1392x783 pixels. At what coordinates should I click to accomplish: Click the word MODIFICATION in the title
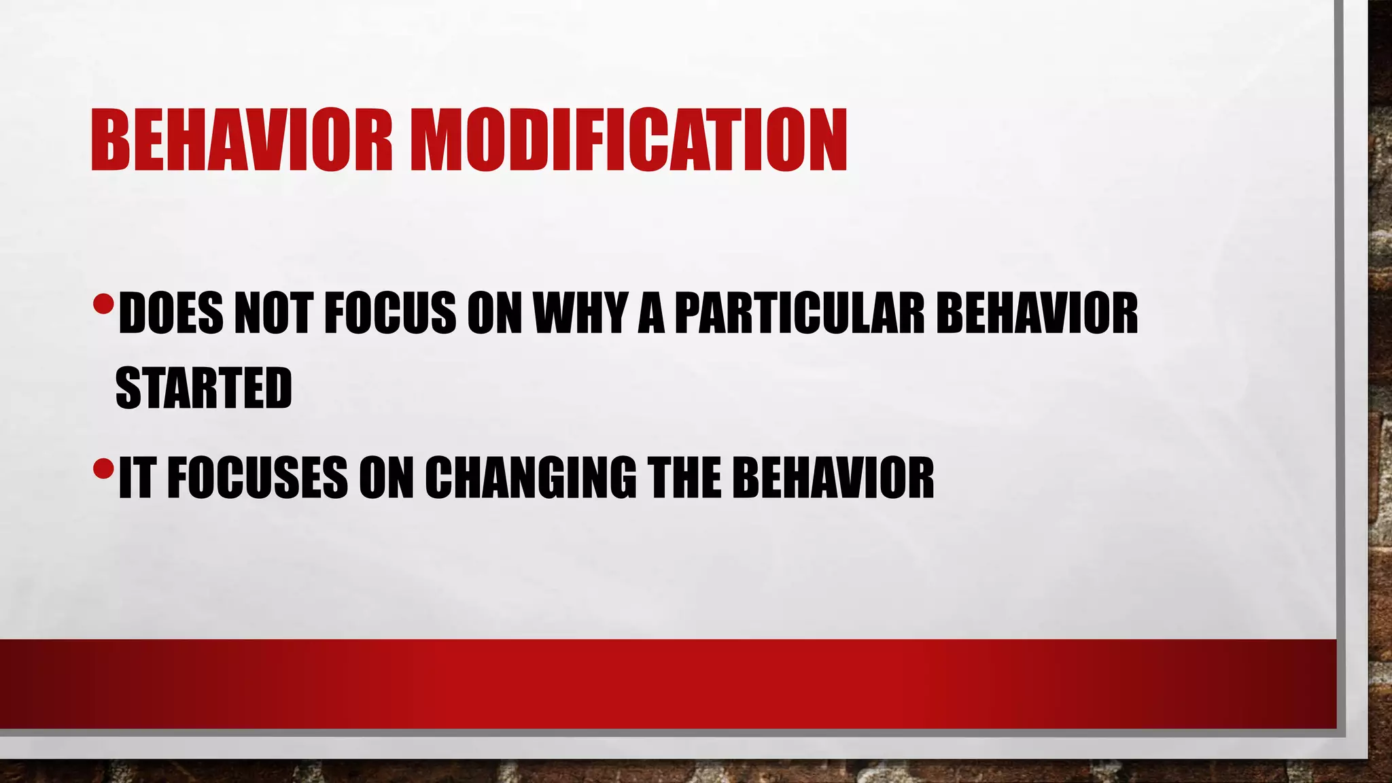(629, 141)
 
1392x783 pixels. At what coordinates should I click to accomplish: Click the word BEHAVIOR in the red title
(241, 141)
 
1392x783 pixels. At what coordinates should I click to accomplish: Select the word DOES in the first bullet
(171, 314)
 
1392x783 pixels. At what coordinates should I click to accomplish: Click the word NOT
(273, 314)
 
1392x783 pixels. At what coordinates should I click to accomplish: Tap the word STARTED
(204, 388)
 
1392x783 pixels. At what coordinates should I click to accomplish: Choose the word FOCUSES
(258, 478)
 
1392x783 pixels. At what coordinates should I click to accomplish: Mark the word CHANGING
(530, 478)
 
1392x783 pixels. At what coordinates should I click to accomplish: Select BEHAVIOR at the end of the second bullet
(833, 478)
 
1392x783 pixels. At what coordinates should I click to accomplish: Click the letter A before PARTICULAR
(651, 314)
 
